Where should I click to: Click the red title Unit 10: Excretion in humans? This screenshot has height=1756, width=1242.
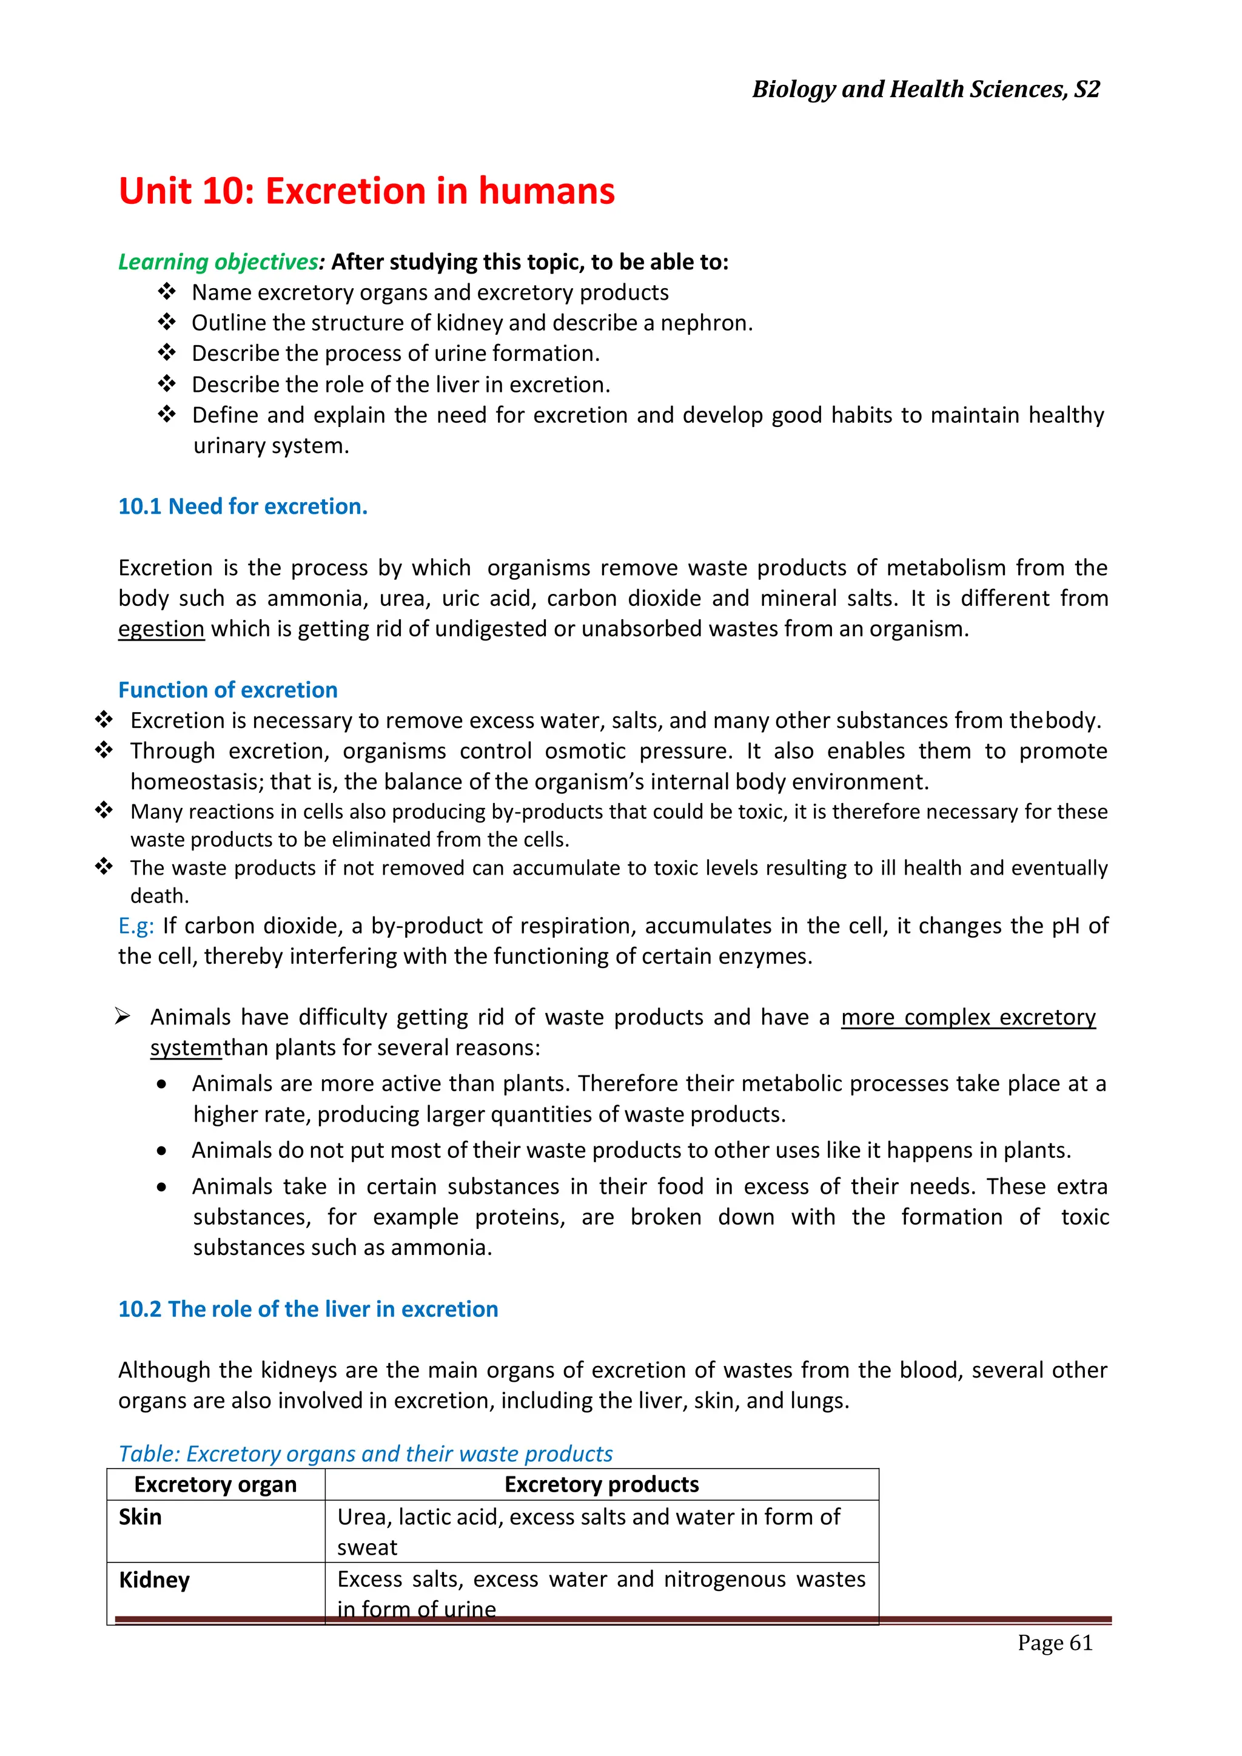point(366,190)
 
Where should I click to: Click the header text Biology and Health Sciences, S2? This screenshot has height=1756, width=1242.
point(925,90)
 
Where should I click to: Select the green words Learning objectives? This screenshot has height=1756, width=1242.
point(218,261)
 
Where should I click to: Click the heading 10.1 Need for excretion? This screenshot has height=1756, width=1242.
point(243,506)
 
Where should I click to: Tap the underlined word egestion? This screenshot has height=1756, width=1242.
point(161,628)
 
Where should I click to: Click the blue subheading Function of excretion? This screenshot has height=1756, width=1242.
point(228,690)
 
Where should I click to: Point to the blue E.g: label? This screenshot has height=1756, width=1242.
point(136,926)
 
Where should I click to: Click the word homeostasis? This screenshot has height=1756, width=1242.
point(196,782)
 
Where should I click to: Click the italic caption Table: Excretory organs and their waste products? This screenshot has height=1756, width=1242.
point(366,1453)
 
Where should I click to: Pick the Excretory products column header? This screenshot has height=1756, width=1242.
point(601,1484)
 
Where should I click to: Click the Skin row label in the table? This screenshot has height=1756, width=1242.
point(140,1516)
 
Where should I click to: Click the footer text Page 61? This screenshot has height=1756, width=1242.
point(1055,1642)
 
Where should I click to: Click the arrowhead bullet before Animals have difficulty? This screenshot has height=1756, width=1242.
point(123,1017)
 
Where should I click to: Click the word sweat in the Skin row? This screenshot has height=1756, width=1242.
point(367,1547)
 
